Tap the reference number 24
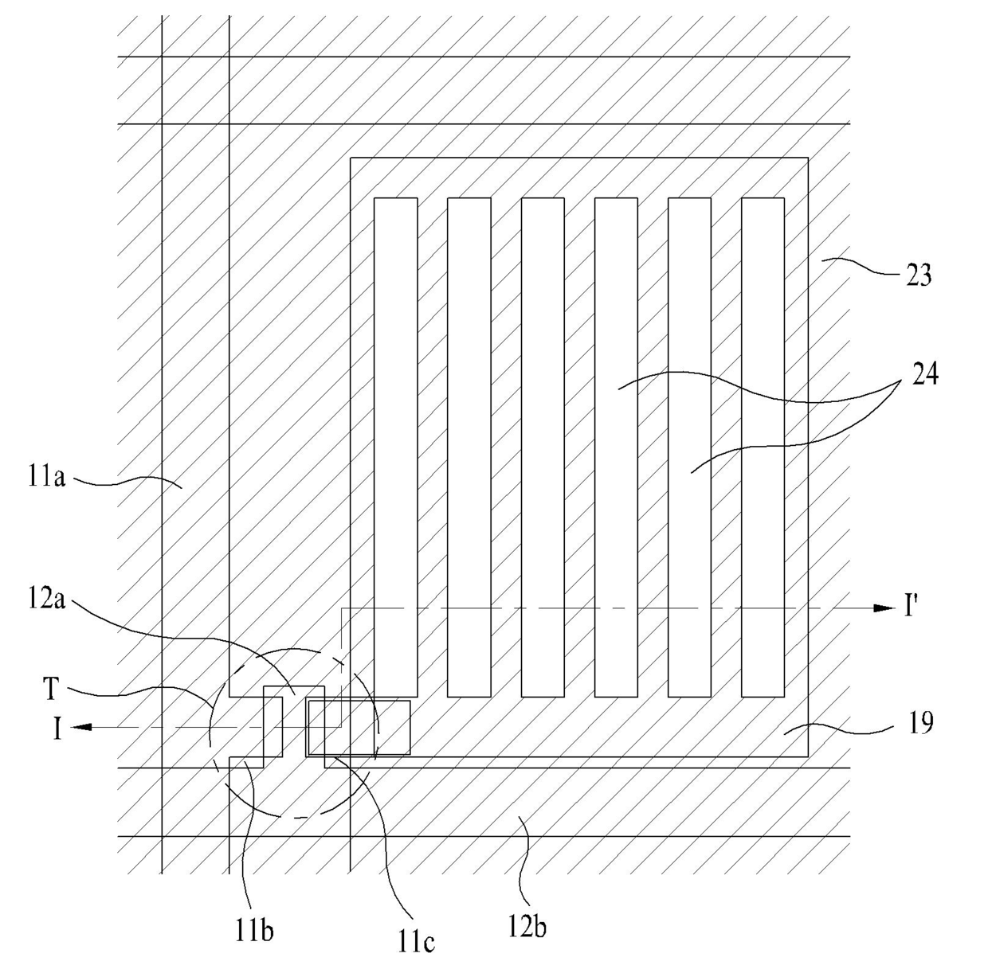925,373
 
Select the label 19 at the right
920,724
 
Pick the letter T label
51,690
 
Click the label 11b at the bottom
255,929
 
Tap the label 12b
527,927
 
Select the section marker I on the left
57,729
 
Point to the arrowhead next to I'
884,608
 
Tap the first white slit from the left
396,446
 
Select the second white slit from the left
469,446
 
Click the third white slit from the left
543,446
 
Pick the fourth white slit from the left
617,446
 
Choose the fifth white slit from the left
689,446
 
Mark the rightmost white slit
763,446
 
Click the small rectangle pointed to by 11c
359,727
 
